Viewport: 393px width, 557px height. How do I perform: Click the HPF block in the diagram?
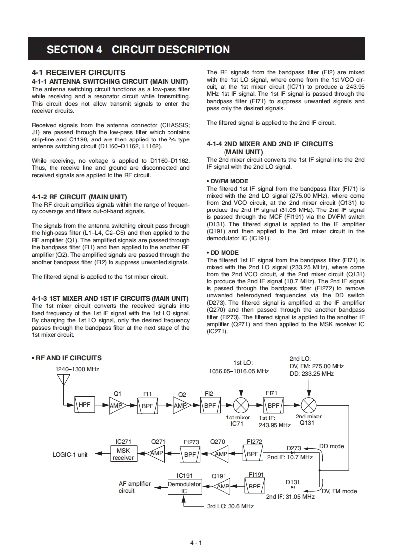[85, 405]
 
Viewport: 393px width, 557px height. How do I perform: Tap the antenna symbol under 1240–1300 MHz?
[63, 380]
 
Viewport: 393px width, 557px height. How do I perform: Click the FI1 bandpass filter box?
[148, 405]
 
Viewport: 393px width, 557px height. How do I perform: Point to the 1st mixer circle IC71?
[241, 405]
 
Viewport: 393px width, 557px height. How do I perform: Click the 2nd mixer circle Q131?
[309, 405]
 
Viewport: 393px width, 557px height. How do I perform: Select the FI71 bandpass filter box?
[273, 405]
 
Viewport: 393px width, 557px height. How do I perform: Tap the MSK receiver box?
[123, 454]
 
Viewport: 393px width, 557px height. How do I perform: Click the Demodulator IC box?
[184, 487]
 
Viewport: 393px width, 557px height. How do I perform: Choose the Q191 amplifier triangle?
[222, 487]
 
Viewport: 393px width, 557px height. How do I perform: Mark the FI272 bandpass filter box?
[253, 453]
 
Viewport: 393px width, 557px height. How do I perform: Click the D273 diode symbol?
[293, 453]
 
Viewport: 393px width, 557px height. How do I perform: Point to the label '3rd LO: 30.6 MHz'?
[230, 506]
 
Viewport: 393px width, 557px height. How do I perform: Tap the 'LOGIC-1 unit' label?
[70, 454]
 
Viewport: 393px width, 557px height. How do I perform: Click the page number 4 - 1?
[196, 543]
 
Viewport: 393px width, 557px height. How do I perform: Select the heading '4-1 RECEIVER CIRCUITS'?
[78, 72]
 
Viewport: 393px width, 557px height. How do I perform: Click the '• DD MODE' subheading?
[223, 253]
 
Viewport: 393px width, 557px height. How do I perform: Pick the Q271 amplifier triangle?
[157, 453]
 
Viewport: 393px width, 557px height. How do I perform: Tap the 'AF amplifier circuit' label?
[134, 487]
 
